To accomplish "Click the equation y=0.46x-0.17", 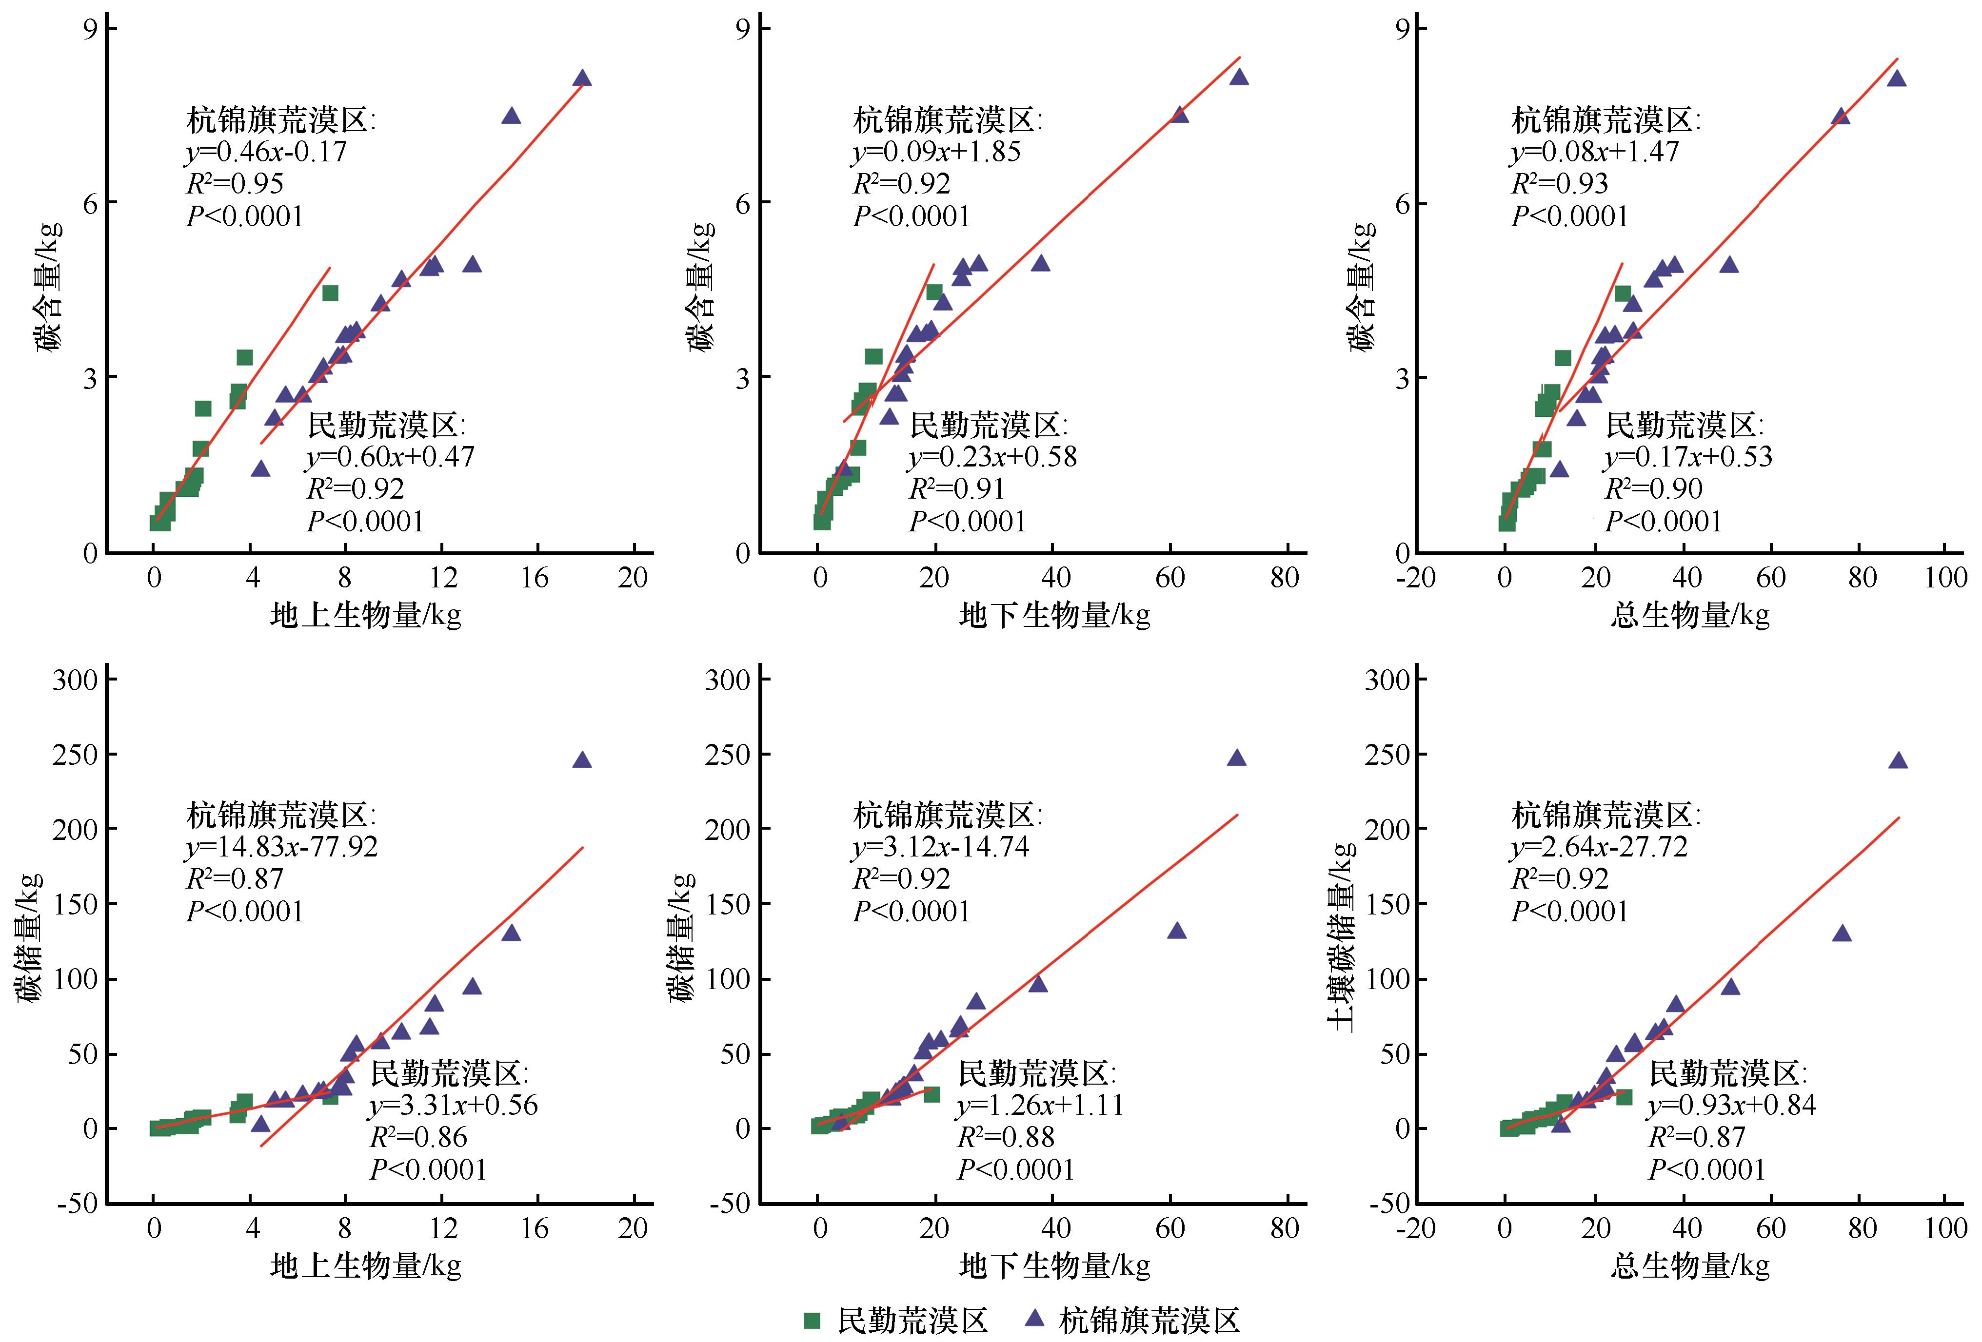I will (267, 152).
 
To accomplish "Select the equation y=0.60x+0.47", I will (390, 457).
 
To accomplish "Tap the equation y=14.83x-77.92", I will (281, 847).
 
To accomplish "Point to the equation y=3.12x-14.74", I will (941, 847).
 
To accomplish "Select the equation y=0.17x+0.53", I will (1688, 457).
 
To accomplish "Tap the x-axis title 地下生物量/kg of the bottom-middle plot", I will (1054, 1266).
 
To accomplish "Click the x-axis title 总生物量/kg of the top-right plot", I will (1689, 615).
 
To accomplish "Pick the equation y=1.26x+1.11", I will (1040, 1106).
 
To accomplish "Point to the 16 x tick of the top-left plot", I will (535, 578).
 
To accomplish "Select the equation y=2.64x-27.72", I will (1599, 847).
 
